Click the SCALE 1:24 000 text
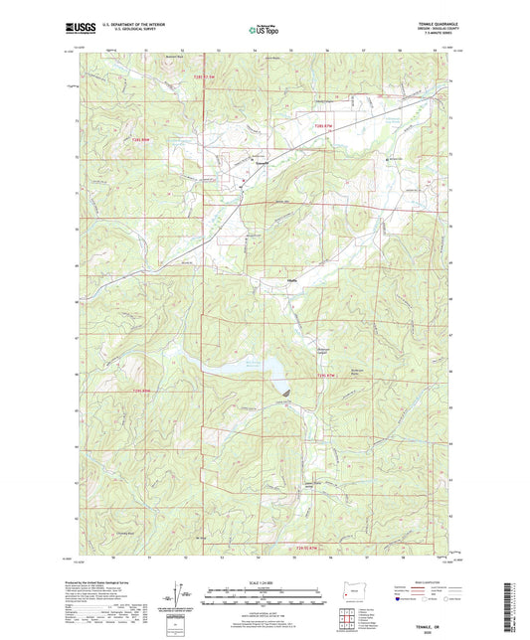(265, 582)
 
